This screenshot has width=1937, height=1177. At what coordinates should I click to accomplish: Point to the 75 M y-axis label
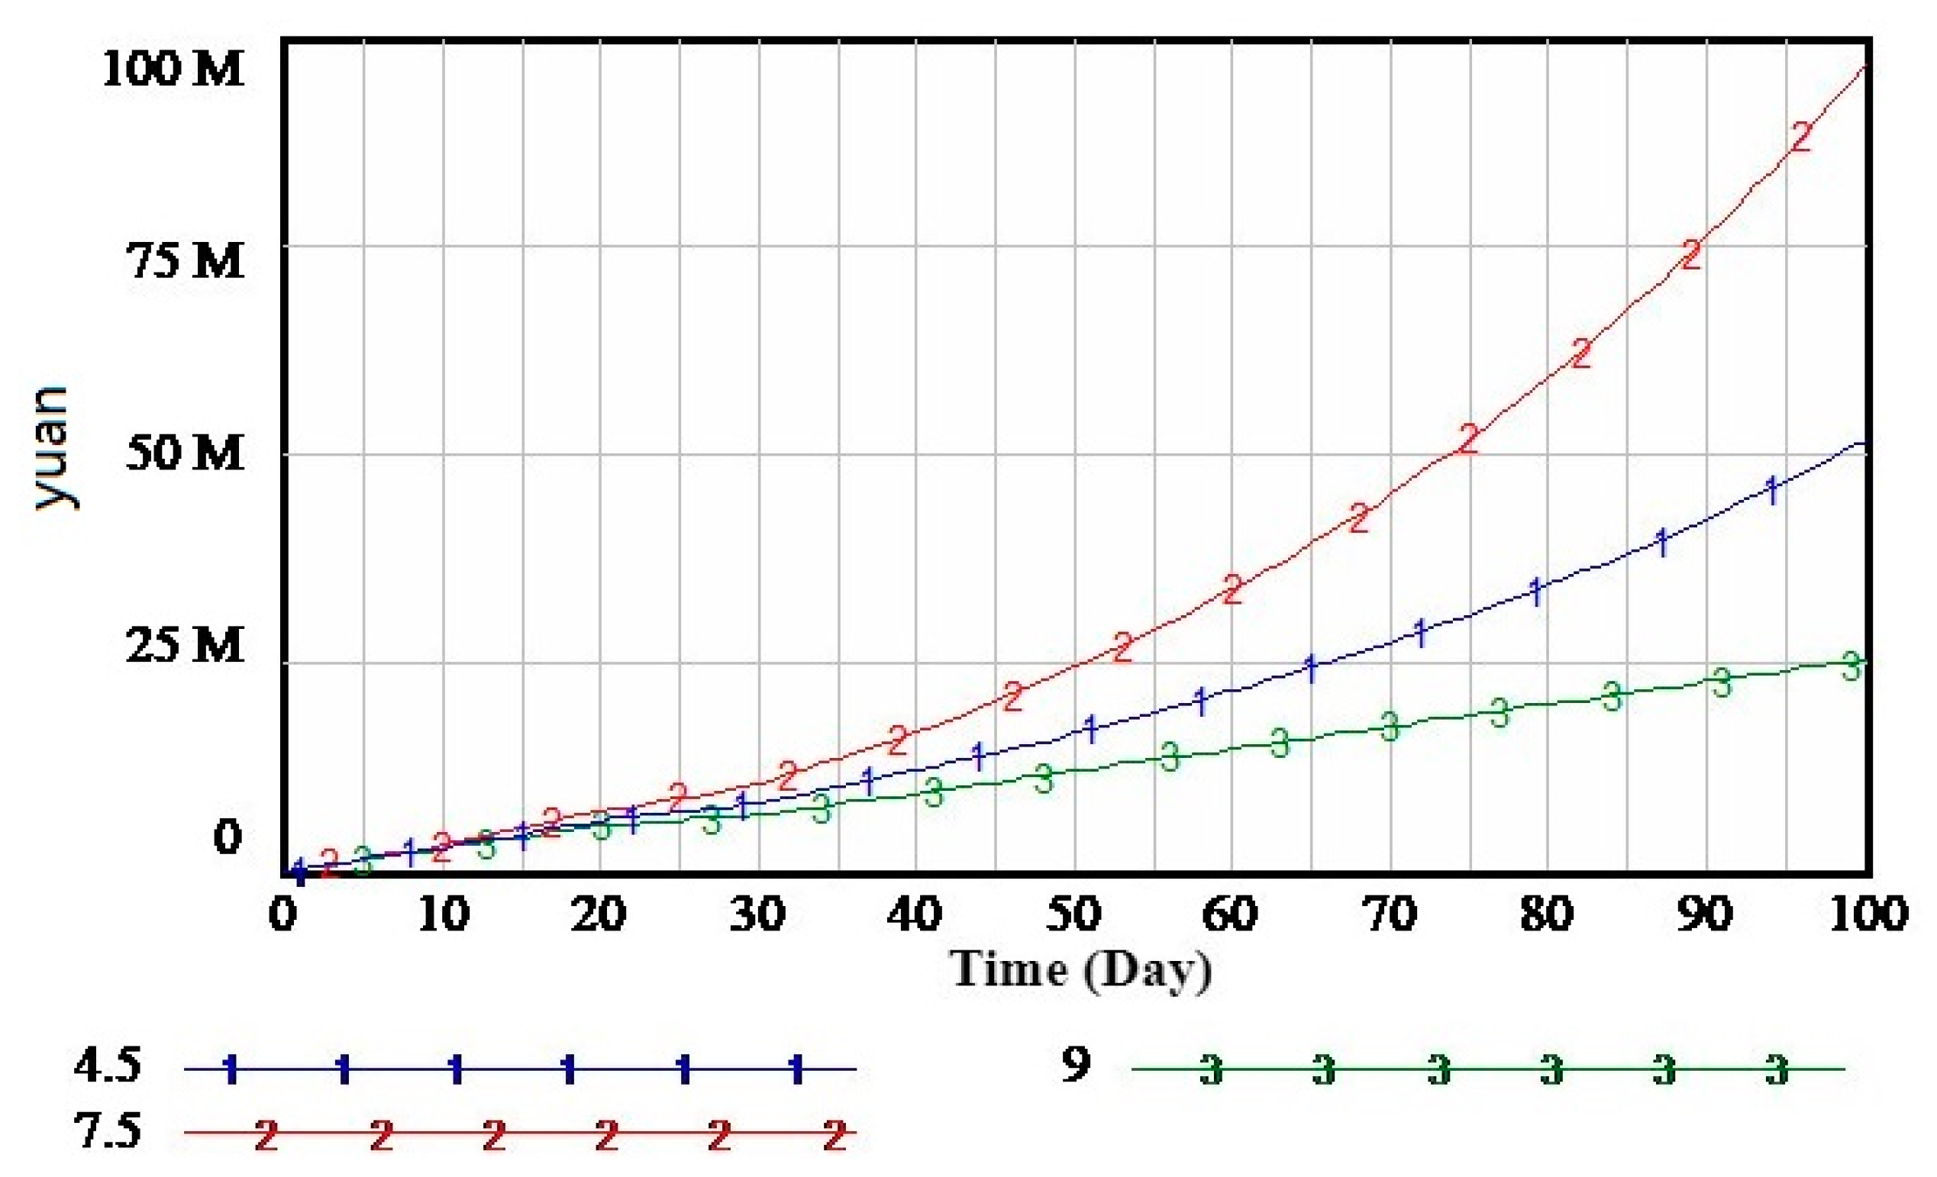coord(186,261)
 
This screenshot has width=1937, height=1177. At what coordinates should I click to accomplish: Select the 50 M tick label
coord(186,453)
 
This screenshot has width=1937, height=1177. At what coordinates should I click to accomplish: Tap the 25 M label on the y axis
coord(186,646)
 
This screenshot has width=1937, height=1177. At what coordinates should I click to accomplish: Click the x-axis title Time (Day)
coord(1081,970)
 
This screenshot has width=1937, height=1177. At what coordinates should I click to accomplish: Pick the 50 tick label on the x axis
coord(1073,914)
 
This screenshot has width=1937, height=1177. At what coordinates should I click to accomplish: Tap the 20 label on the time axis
coord(599,914)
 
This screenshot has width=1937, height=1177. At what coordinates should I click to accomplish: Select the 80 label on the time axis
coord(1547,914)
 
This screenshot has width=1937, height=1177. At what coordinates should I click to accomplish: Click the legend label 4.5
coord(108,1066)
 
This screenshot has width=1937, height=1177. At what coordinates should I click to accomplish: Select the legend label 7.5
coord(108,1132)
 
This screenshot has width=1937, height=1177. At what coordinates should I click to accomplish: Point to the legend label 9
coord(1077,1065)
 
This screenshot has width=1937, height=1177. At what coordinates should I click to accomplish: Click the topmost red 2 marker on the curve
coord(1802,137)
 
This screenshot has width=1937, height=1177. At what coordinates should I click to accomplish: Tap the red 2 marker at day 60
coord(1232,589)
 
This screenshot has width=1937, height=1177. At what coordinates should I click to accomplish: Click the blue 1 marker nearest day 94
coord(1773,491)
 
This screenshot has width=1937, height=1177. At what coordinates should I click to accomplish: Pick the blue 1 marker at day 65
coord(1310,669)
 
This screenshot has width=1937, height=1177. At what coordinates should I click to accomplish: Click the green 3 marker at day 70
coord(1390,726)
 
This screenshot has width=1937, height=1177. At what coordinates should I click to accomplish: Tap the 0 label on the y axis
coord(228,838)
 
